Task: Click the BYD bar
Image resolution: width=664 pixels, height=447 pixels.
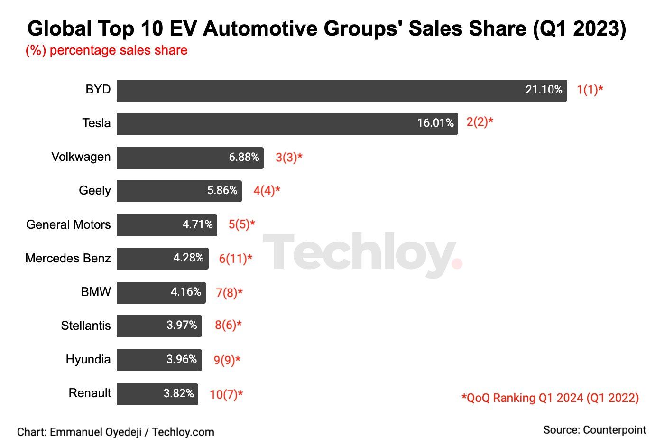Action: [341, 90]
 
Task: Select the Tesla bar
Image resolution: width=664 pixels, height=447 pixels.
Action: [287, 123]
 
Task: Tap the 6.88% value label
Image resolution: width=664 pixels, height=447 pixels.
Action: [244, 157]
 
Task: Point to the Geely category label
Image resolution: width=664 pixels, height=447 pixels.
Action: [94, 191]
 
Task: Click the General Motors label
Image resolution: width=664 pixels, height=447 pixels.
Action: [68, 224]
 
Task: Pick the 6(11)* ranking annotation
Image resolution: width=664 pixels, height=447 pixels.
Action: [235, 259]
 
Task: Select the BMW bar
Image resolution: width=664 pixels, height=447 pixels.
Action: [161, 292]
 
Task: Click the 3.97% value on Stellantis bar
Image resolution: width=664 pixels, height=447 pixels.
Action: [182, 326]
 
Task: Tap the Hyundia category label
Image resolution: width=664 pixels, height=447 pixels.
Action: [88, 360]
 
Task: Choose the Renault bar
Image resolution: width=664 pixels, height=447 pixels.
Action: [157, 394]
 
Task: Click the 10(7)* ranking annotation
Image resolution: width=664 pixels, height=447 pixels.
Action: [226, 394]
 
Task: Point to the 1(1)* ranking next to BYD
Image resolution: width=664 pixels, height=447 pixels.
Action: [590, 90]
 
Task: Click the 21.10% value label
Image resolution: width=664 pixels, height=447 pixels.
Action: [544, 90]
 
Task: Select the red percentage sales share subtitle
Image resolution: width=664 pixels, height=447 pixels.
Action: [106, 50]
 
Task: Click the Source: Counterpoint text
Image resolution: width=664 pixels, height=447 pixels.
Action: [594, 430]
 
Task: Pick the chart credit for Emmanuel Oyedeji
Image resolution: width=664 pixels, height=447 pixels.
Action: [115, 432]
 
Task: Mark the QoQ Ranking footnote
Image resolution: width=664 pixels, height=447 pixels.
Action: [550, 398]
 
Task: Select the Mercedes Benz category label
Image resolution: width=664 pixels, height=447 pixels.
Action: [68, 259]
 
